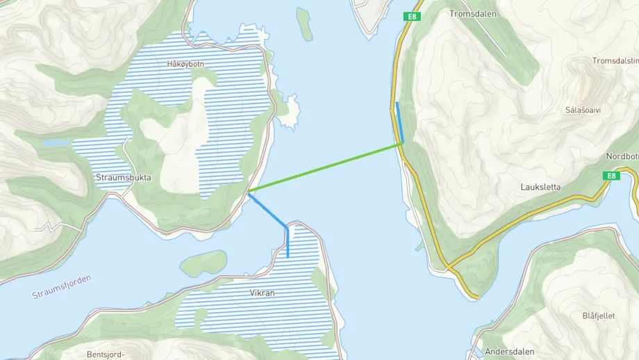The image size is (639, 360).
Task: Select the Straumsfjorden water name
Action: (61, 287)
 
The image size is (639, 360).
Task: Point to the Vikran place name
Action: (263, 293)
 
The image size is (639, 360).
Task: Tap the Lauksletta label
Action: (540, 187)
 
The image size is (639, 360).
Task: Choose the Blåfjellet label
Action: (598, 316)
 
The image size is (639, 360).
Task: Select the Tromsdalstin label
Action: (615, 61)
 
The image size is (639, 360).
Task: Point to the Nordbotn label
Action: (622, 156)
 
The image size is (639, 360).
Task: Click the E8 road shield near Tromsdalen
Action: (413, 17)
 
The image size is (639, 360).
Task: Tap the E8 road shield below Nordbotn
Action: (610, 176)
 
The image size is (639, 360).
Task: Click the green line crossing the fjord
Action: (325, 167)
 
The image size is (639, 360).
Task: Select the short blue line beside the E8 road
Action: (399, 122)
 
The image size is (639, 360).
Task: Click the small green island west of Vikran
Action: (203, 263)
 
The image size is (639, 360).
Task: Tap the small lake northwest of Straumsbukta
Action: (56, 142)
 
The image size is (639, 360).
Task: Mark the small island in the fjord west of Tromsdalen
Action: (304, 24)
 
